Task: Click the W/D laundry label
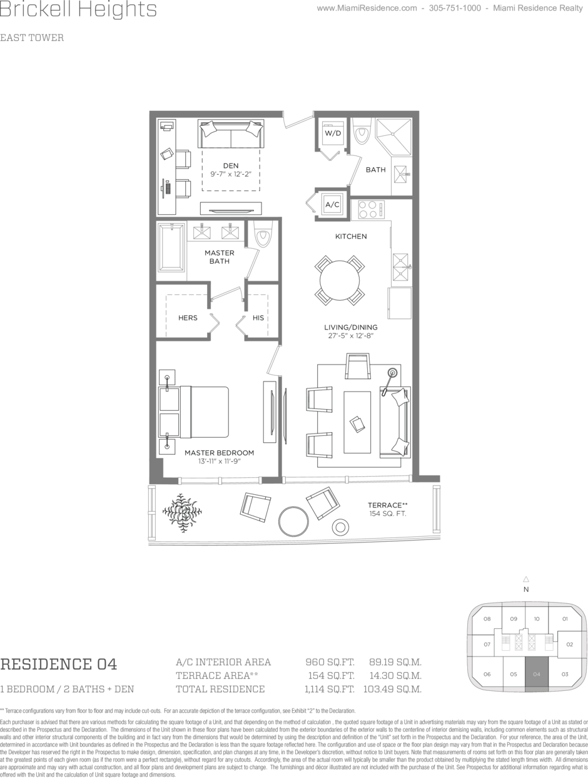tap(333, 133)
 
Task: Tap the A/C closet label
tap(332, 204)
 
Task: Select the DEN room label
tap(231, 165)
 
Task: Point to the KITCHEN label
tap(351, 236)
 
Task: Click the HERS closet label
tap(188, 318)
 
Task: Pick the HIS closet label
tap(258, 318)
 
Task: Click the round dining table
tap(340, 281)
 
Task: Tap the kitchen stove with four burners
tap(371, 209)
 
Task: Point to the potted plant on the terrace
tap(182, 512)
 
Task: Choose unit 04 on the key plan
tap(536, 674)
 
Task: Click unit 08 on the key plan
tap(487, 619)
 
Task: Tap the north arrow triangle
tap(526, 579)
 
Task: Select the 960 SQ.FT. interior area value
tap(330, 662)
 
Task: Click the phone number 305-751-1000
tap(455, 8)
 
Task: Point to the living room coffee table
tap(357, 422)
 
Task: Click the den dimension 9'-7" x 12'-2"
tap(231, 174)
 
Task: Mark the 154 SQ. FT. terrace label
tap(387, 514)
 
